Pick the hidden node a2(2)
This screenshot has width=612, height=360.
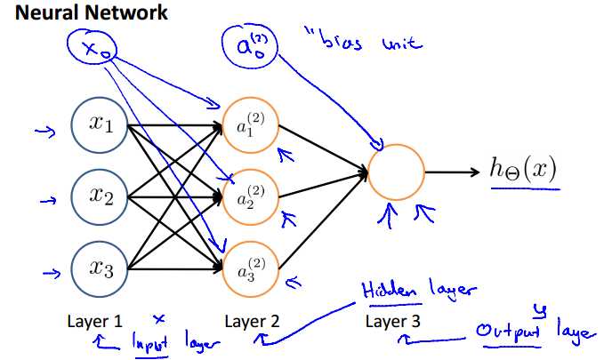[x=251, y=196]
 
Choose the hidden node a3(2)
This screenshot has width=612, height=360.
[x=251, y=264]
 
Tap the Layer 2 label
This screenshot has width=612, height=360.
[x=252, y=319]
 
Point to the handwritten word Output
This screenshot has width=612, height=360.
[x=503, y=333]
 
